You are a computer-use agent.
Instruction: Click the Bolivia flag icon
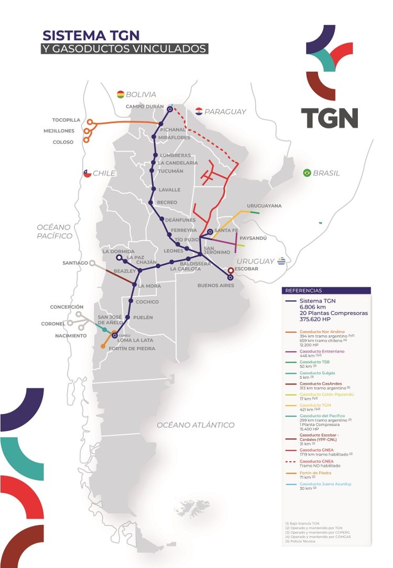(x=121, y=94)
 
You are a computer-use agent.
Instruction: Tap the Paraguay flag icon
(x=199, y=111)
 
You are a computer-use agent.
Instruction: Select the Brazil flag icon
(x=307, y=173)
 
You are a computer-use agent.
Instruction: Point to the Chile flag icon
(x=87, y=173)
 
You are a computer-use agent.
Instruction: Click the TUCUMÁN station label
(x=171, y=171)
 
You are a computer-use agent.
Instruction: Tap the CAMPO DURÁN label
(x=145, y=106)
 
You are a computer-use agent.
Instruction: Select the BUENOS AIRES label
(x=215, y=286)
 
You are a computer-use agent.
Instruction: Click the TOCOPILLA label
(x=67, y=120)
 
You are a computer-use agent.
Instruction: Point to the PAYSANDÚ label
(x=253, y=238)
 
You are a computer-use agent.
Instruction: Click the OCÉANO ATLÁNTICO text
(x=195, y=425)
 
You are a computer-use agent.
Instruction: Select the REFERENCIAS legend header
(x=304, y=290)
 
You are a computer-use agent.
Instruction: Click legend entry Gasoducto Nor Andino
(x=322, y=332)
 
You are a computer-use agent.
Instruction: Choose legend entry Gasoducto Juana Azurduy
(x=325, y=484)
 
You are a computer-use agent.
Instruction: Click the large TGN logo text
(x=329, y=118)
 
